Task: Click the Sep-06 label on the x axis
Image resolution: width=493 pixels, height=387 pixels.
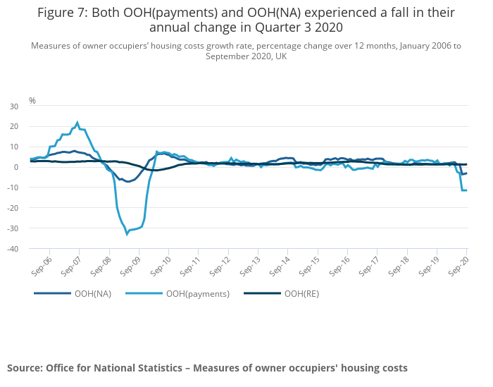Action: pyautogui.click(x=43, y=266)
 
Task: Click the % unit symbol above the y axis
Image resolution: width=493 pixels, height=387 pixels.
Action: pyautogui.click(x=32, y=101)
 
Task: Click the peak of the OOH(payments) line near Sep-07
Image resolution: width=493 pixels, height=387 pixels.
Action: pyautogui.click(x=77, y=122)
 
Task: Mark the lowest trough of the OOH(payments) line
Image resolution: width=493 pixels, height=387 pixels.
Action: pyautogui.click(x=127, y=233)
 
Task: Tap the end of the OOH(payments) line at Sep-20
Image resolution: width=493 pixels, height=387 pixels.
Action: pyautogui.click(x=466, y=190)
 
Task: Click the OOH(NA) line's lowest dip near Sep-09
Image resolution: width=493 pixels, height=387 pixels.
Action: pyautogui.click(x=129, y=182)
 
